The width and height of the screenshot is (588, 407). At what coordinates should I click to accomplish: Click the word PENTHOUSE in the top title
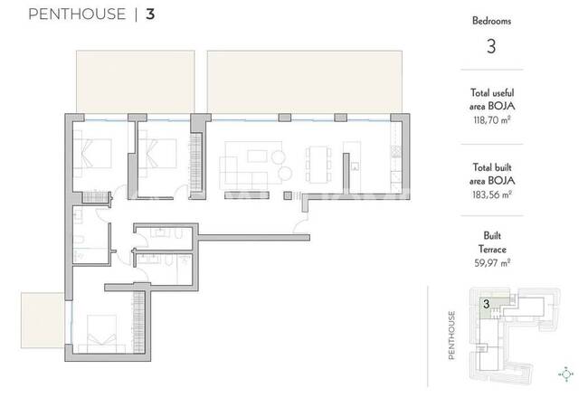(77, 14)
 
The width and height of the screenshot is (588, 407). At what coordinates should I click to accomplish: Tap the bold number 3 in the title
(150, 14)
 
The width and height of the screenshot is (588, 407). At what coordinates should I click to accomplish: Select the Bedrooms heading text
(491, 21)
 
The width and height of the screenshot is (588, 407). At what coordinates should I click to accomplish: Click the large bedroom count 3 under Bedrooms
(491, 46)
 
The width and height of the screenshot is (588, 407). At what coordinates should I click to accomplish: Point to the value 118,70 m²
(491, 120)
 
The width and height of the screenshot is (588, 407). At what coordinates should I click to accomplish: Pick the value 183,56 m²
(491, 194)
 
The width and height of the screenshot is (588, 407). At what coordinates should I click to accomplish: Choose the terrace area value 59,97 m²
(492, 262)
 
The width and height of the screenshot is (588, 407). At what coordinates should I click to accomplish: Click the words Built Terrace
(492, 242)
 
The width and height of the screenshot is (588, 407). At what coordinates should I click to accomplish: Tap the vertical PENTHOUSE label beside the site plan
(451, 335)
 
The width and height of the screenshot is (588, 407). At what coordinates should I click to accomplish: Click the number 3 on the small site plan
(486, 304)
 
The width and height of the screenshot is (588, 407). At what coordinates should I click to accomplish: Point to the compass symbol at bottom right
(566, 374)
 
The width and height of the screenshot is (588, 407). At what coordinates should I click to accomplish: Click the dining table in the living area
(318, 165)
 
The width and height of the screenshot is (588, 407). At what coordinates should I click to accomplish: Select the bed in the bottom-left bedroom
(102, 334)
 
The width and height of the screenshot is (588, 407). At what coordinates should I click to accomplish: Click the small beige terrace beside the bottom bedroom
(43, 320)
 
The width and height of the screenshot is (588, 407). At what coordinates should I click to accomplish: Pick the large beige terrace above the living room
(305, 81)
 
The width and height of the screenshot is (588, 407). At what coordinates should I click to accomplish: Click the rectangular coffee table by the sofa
(257, 156)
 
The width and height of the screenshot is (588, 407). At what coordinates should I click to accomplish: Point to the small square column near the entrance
(288, 195)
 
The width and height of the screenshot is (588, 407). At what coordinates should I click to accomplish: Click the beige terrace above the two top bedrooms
(136, 81)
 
